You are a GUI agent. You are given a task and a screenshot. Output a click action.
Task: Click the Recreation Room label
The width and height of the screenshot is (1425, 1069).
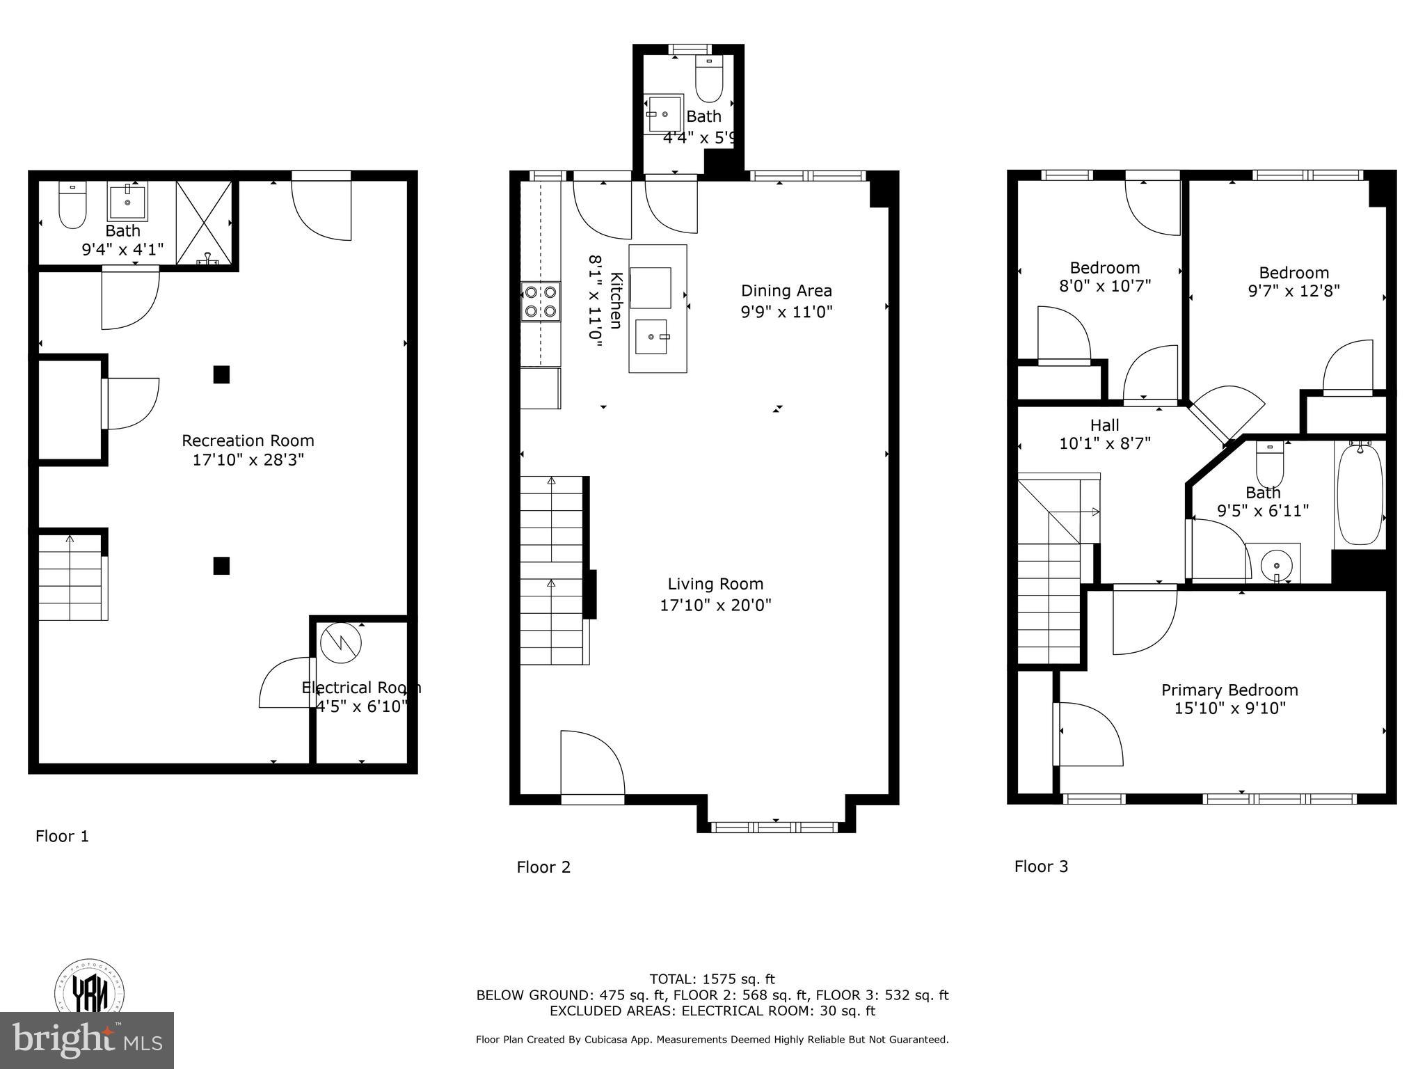(248, 441)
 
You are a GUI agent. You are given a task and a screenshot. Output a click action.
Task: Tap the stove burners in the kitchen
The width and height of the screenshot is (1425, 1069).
(541, 301)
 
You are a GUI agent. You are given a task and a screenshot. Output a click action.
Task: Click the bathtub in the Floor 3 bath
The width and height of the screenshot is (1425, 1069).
(1360, 494)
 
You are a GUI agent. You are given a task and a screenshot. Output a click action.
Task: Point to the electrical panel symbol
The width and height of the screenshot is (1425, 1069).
(341, 644)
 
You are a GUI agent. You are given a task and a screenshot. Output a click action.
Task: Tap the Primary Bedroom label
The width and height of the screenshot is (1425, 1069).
(1229, 690)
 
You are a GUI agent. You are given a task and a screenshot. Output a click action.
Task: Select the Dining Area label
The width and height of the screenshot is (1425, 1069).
(786, 291)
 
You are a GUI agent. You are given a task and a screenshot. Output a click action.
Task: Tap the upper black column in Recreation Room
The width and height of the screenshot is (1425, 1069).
(221, 375)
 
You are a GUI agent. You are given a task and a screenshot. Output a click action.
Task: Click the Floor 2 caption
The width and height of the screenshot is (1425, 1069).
(543, 867)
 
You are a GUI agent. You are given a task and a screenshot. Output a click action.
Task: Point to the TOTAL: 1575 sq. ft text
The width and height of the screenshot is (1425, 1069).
(712, 979)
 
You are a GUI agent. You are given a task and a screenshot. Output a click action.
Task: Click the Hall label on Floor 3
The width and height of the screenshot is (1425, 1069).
(1104, 425)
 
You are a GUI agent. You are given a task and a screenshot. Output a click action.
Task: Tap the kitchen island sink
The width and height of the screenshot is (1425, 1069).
(651, 337)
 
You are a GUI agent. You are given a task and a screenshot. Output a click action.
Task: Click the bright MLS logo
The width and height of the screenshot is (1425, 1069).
(87, 1040)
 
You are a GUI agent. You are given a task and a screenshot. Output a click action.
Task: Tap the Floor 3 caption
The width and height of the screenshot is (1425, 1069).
(1041, 866)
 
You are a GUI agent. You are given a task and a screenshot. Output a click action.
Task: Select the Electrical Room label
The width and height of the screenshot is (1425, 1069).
(361, 688)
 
